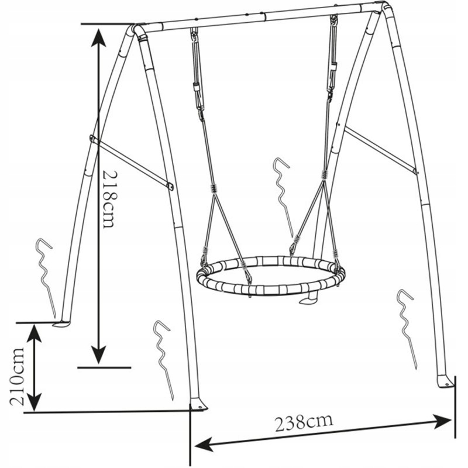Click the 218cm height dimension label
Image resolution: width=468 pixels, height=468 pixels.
108,199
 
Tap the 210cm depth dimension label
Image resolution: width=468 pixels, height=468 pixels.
17,376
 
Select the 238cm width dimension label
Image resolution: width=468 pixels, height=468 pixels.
303,422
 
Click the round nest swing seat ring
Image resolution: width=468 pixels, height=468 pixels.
271,275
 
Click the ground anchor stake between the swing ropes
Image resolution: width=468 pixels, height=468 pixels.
283,197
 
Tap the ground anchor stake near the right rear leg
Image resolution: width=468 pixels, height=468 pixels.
407,329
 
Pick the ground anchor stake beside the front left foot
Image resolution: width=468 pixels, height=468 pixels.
163,360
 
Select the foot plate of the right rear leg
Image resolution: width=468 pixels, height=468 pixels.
446,381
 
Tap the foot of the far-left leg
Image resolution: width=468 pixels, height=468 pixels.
62,324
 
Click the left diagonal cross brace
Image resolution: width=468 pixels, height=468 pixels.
131,162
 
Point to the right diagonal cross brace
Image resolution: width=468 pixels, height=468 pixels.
380,150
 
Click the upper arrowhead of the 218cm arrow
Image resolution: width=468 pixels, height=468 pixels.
98,36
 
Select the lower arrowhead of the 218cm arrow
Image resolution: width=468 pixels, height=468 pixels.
98,355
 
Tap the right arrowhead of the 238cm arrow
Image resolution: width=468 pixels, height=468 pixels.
442,421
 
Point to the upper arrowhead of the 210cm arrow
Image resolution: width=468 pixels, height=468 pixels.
35,333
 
